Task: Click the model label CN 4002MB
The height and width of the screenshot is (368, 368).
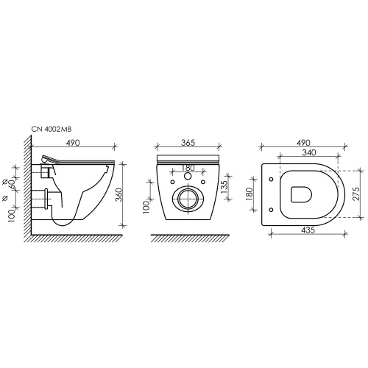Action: (x=52, y=130)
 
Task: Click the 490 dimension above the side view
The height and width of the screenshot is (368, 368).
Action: (x=73, y=143)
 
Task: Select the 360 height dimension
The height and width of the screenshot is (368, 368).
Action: (x=118, y=194)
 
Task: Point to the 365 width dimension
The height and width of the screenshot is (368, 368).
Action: (x=188, y=143)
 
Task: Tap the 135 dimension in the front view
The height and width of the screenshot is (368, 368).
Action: (x=224, y=187)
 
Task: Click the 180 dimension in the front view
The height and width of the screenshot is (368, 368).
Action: (x=188, y=168)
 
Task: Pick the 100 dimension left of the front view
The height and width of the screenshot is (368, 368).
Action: (x=146, y=207)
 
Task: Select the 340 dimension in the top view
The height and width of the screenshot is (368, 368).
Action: (x=309, y=152)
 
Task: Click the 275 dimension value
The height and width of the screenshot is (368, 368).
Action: (x=356, y=194)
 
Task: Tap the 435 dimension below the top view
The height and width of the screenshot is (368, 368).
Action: (x=308, y=230)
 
